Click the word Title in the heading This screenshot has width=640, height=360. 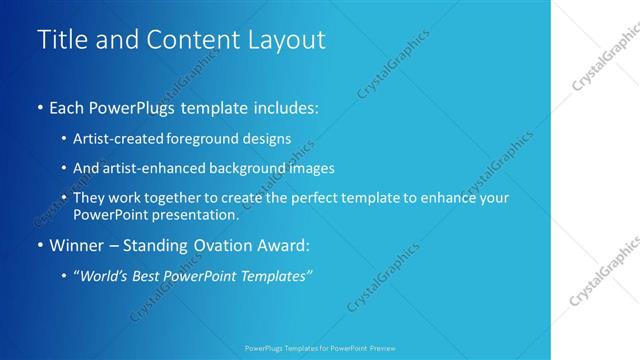tap(62, 39)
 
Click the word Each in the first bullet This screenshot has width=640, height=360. tap(68, 107)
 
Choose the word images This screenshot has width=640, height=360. tap(312, 168)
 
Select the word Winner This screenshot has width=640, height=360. tap(77, 245)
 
